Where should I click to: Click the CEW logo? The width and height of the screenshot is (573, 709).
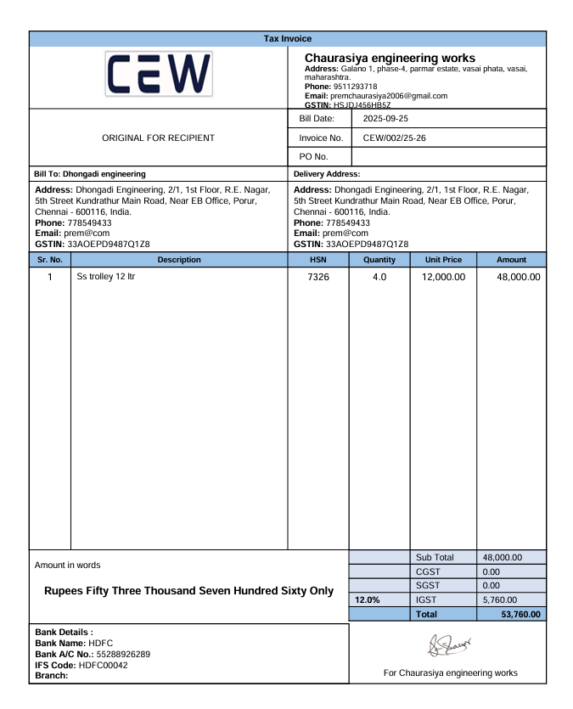tap(159, 74)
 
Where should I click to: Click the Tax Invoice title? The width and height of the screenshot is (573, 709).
tap(287, 38)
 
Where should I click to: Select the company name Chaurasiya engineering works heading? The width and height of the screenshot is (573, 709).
tap(390, 58)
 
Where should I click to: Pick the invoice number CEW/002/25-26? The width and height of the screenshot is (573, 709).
tap(394, 138)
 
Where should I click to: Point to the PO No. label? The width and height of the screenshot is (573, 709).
tap(313, 156)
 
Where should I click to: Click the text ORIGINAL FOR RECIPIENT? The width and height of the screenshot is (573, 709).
tap(158, 138)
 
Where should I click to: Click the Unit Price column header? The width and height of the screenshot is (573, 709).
tap(443, 260)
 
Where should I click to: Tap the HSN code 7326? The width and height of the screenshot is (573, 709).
tap(317, 278)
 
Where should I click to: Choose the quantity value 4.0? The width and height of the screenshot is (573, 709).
tap(379, 278)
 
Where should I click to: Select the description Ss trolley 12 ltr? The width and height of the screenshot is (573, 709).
tap(106, 277)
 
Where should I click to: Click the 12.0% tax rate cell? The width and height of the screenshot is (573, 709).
tap(367, 599)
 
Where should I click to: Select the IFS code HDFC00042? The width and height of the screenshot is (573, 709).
tap(103, 665)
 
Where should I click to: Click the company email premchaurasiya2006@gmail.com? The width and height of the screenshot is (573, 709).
tap(389, 96)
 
